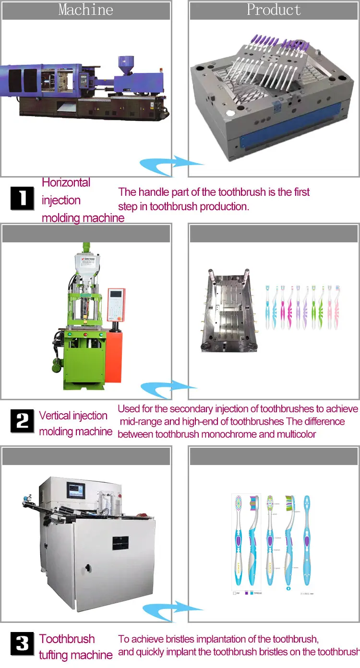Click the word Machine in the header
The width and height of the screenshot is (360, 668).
pyautogui.click(x=86, y=10)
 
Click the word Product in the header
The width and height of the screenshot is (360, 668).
pyautogui.click(x=274, y=10)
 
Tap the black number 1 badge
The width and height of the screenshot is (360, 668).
pyautogui.click(x=23, y=199)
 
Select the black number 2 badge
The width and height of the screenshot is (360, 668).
pyautogui.click(x=23, y=421)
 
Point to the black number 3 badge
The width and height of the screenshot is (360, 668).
pyautogui.click(x=23, y=644)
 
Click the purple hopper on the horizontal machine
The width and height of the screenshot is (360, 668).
pyautogui.click(x=126, y=64)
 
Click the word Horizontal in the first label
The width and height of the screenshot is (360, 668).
pyautogui.click(x=66, y=183)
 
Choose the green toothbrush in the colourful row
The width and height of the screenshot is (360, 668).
pyautogui.click(x=315, y=307)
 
